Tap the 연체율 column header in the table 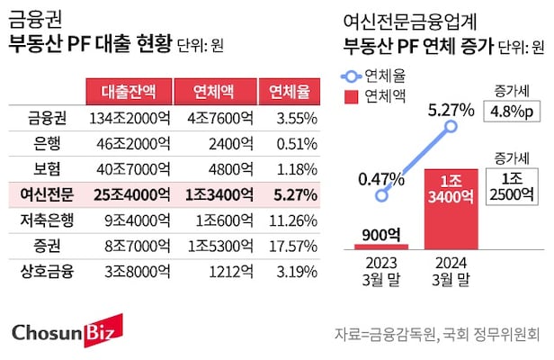pyautogui.click(x=287, y=91)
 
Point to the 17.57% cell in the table pyautogui.click(x=287, y=245)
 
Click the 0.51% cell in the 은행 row pyautogui.click(x=287, y=141)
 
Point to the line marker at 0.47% pyautogui.click(x=382, y=193)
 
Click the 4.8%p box pyautogui.click(x=512, y=112)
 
